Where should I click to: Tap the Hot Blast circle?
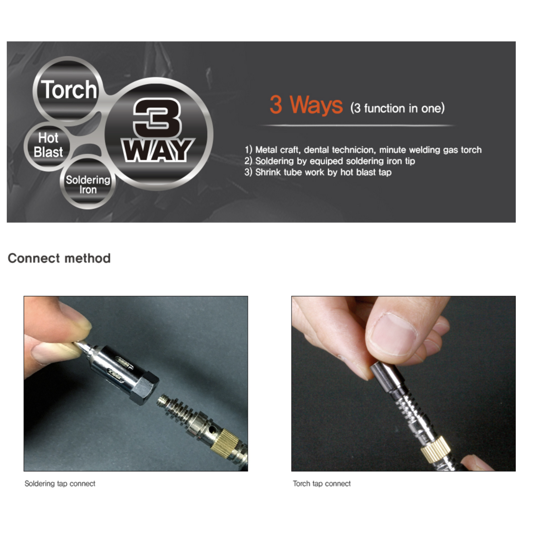(48, 145)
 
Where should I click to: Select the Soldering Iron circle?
(88, 184)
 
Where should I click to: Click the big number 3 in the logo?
(157, 118)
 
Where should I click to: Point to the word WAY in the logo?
(157, 150)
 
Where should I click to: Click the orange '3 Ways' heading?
(306, 105)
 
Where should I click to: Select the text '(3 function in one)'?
(397, 108)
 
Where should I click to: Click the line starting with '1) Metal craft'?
(363, 150)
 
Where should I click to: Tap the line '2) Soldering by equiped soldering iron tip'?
(330, 161)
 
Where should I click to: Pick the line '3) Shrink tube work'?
(318, 173)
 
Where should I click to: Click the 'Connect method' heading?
(59, 258)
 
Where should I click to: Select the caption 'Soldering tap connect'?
(60, 484)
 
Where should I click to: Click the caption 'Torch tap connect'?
(322, 484)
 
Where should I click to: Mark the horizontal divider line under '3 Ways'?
(357, 126)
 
